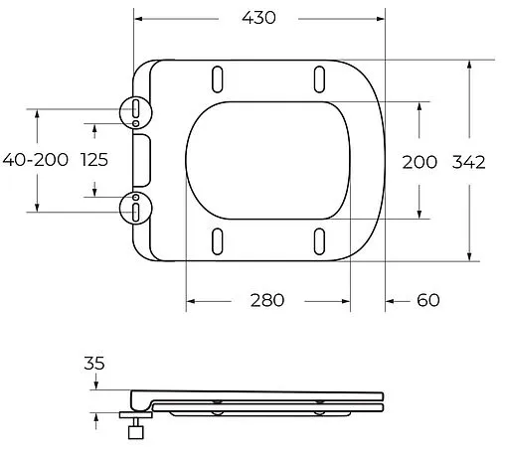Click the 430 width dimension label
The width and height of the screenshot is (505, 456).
(257, 18)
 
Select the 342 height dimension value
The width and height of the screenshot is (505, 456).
(468, 162)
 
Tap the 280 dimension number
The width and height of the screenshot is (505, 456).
(266, 299)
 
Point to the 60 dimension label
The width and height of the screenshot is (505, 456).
(428, 299)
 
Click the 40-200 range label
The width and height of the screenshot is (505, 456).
(35, 160)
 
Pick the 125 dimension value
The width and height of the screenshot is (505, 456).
(94, 160)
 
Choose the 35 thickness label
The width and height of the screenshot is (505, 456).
(94, 363)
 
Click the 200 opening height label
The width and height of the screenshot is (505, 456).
(419, 162)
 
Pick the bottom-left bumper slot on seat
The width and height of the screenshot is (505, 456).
(217, 240)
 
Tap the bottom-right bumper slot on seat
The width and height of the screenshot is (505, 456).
(319, 240)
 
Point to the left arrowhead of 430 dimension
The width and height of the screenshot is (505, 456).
(140, 18)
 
